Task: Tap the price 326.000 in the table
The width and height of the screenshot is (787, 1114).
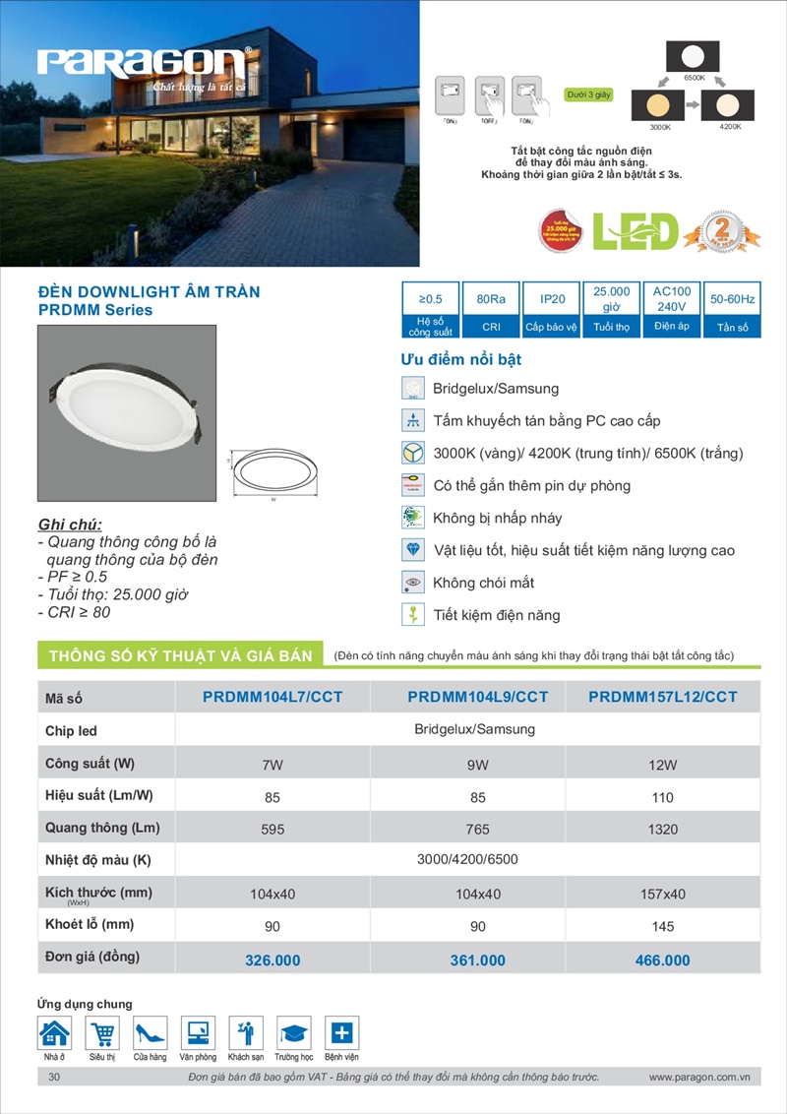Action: [x=272, y=960]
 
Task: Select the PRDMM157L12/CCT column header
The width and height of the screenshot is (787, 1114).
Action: [x=662, y=697]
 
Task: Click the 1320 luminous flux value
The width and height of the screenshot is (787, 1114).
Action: [x=663, y=830]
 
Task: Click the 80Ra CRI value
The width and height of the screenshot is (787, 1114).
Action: [x=490, y=298]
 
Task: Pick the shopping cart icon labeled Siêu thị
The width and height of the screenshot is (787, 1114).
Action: [x=102, y=1033]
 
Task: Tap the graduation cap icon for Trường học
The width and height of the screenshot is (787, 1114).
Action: [x=293, y=1033]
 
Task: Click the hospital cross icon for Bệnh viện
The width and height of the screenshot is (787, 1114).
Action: [x=341, y=1033]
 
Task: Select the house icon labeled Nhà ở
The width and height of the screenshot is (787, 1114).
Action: [x=54, y=1033]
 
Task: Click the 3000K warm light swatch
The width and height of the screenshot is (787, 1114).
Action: [x=659, y=104]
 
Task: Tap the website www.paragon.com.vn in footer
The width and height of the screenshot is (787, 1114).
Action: [x=699, y=1078]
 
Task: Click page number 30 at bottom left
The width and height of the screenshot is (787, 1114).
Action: [x=55, y=1078]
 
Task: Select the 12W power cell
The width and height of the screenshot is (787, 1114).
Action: [x=663, y=765]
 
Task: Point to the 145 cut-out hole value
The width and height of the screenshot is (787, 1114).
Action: [x=663, y=927]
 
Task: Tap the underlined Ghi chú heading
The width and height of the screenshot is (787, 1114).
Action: [x=70, y=524]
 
